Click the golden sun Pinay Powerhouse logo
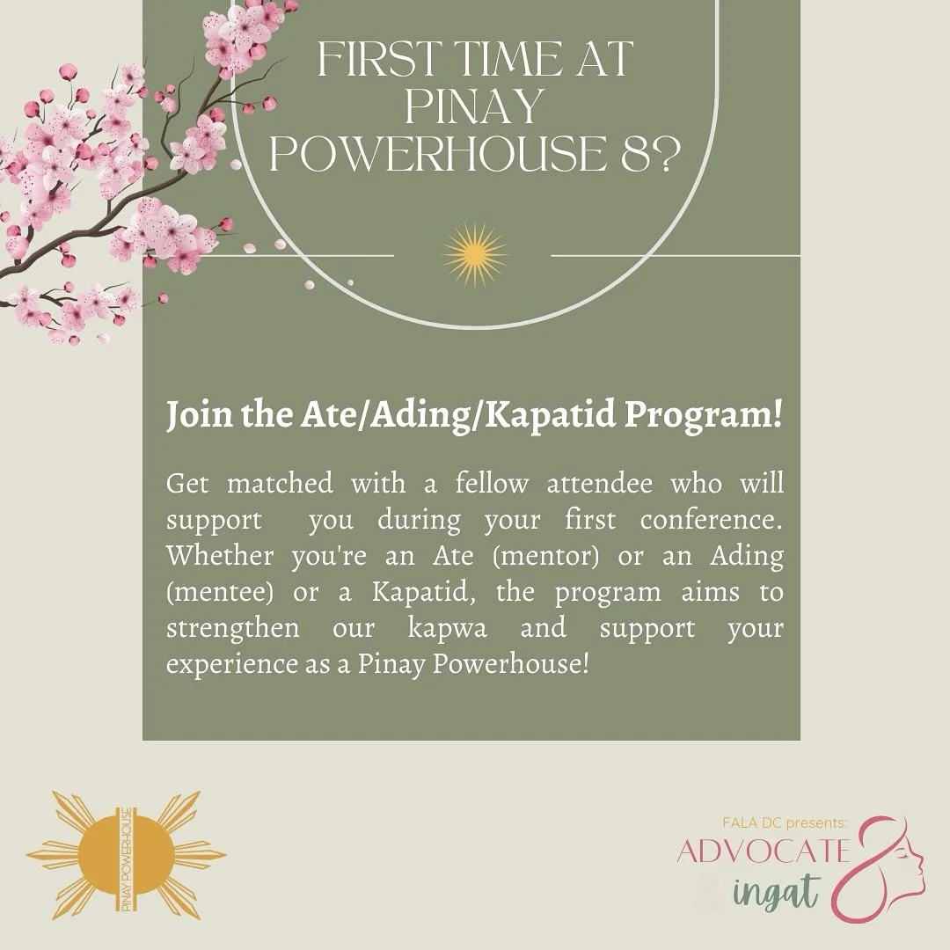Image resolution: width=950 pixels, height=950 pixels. click(126, 855)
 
